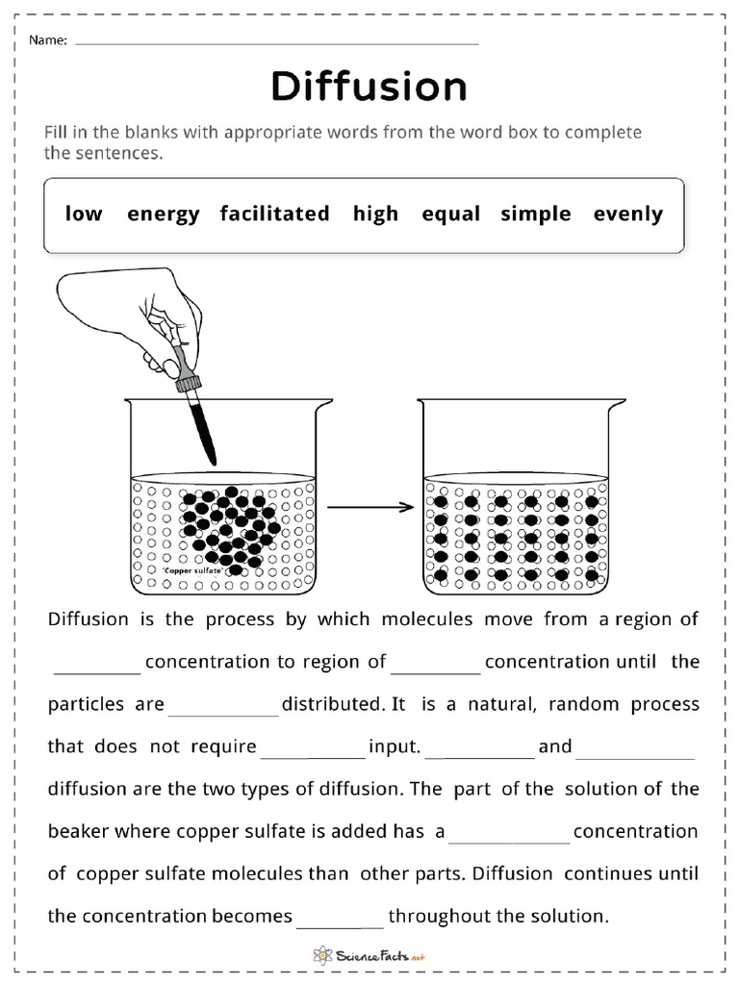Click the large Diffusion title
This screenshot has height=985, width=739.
(369, 88)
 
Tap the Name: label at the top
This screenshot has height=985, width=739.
(47, 40)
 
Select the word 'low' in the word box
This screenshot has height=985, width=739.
(84, 214)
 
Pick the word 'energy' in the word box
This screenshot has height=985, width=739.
(163, 214)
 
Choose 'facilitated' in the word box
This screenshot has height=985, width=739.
(274, 214)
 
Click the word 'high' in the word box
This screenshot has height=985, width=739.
(375, 214)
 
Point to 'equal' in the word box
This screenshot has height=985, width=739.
(449, 214)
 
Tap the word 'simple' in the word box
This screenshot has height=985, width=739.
(536, 214)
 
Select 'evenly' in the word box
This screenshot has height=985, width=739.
(628, 214)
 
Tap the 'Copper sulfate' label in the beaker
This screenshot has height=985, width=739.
(192, 571)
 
